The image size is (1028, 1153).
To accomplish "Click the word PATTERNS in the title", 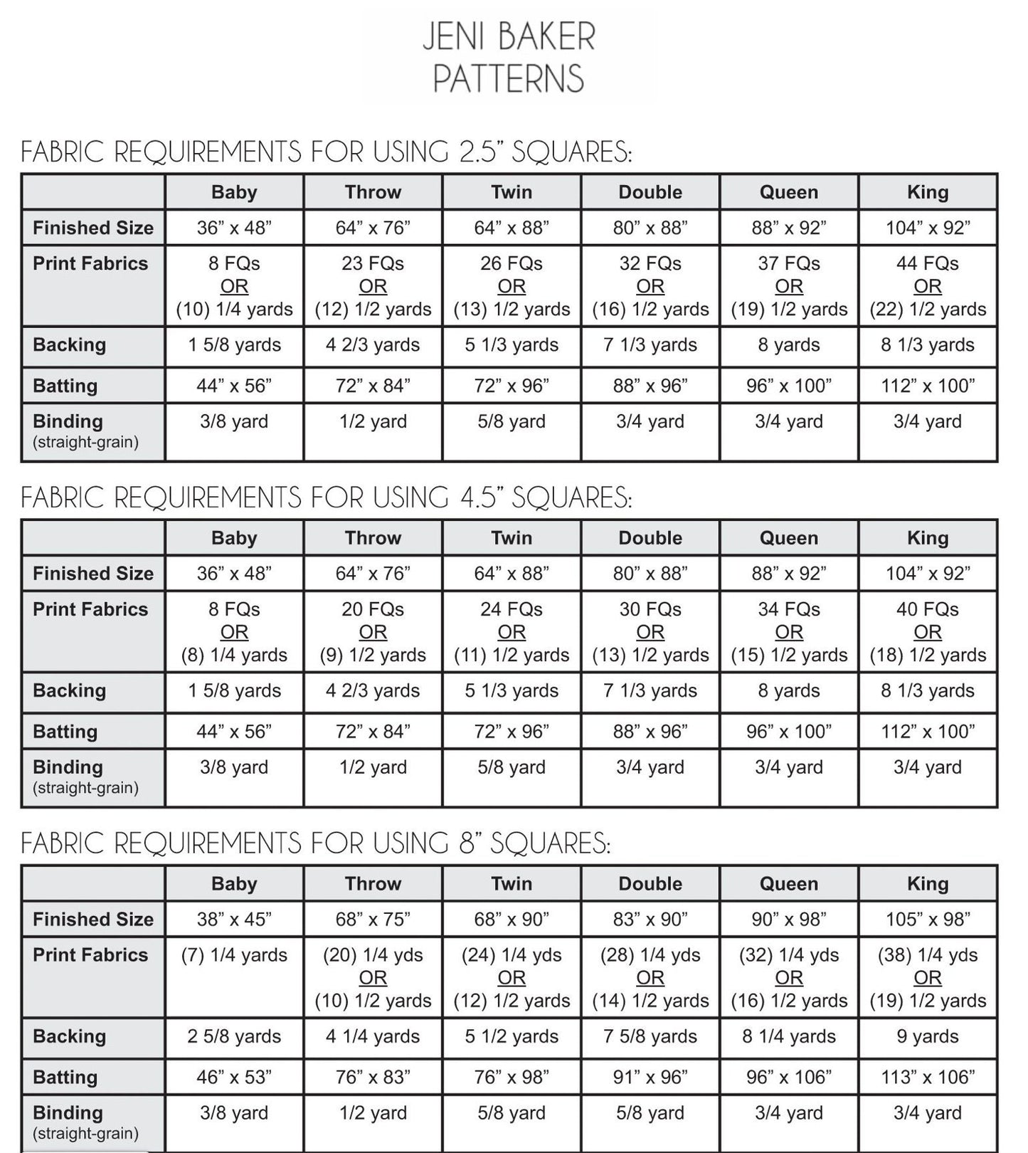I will click(x=508, y=78).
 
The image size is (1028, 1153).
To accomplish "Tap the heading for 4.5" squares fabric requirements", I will click(x=326, y=497).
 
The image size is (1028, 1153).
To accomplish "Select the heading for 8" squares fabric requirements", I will click(x=315, y=843).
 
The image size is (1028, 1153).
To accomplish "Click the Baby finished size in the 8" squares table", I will click(x=234, y=919).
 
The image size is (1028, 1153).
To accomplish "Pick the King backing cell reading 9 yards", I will click(x=927, y=1036).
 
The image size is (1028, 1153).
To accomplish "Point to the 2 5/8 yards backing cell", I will click(x=234, y=1036).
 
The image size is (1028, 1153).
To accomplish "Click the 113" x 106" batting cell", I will click(x=927, y=1077).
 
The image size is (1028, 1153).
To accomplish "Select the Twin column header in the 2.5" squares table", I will click(x=512, y=192).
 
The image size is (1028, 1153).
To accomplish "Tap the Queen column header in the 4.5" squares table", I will click(x=788, y=538).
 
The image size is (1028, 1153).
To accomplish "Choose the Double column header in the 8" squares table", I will click(x=650, y=884).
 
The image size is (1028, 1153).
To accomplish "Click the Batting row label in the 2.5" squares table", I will click(x=65, y=386).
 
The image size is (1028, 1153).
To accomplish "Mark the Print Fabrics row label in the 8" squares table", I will click(x=90, y=955).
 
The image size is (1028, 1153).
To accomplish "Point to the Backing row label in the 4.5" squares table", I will click(x=69, y=690).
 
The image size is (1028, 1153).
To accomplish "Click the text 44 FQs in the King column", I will click(x=927, y=263).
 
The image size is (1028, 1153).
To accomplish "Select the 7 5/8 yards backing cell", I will click(x=650, y=1036).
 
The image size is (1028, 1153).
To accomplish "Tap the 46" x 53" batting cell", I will click(x=234, y=1077).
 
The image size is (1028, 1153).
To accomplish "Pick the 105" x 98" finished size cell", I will click(x=927, y=919).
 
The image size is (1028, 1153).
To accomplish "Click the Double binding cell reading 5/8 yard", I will click(x=650, y=1112).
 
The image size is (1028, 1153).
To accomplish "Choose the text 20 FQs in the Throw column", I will click(x=373, y=609).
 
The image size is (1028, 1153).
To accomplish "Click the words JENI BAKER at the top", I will click(x=508, y=37).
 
